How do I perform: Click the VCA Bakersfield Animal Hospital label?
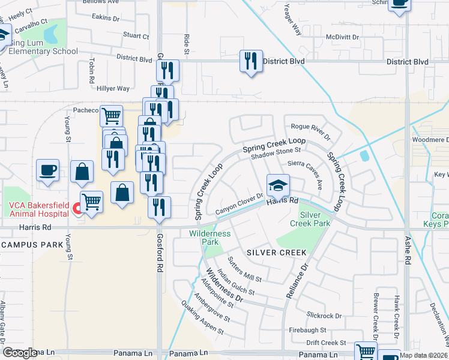point(36,209)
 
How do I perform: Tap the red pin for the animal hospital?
point(76,209)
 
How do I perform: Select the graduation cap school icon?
point(279,185)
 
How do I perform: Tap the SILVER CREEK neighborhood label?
point(277,253)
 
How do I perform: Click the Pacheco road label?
point(85,110)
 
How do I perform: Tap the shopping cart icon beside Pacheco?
point(111,115)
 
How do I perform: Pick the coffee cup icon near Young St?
point(47,169)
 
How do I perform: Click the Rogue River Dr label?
point(310,131)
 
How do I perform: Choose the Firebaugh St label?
point(307,330)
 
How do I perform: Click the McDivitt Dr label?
point(342,37)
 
